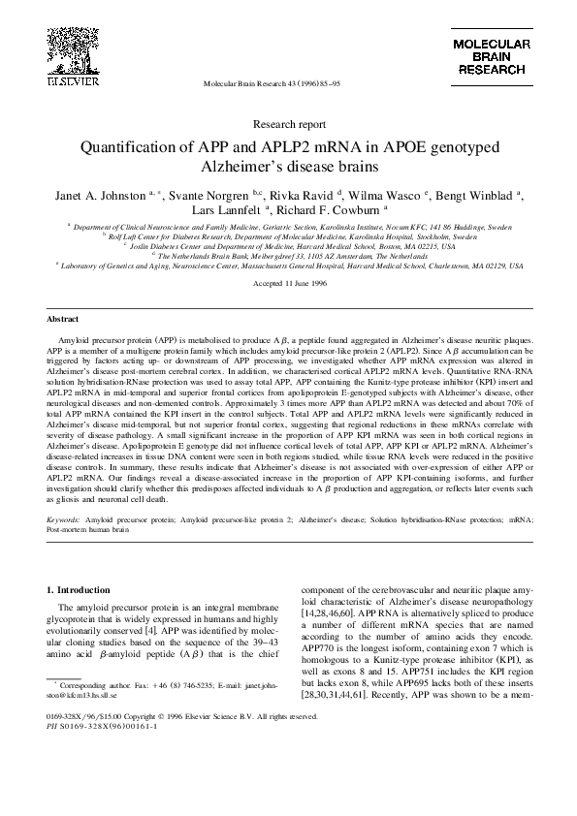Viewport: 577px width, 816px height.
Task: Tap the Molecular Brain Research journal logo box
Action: coord(493,58)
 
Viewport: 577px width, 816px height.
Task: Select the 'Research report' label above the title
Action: coord(288,125)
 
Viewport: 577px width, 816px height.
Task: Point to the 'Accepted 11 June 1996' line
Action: coord(288,283)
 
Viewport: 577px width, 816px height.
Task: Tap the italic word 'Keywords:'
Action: coord(64,520)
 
